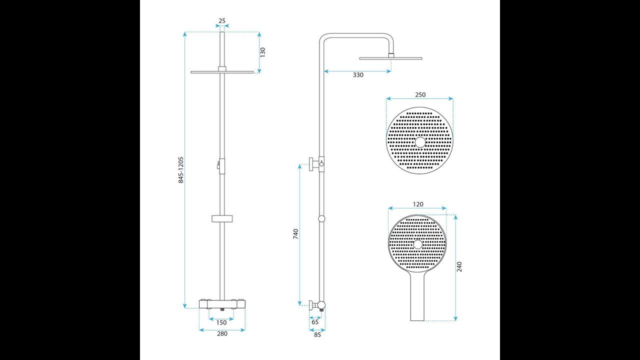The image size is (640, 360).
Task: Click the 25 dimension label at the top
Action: [222, 21]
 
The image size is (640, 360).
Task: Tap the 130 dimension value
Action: [263, 52]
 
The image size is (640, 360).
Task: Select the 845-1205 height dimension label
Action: [181, 169]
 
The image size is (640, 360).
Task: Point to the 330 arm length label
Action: [358, 75]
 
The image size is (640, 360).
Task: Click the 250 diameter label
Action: [420, 94]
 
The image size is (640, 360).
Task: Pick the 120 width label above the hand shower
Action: [418, 204]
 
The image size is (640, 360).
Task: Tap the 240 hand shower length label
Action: [459, 267]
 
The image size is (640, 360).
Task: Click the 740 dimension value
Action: [295, 234]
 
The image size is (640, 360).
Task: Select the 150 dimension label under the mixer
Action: [221, 322]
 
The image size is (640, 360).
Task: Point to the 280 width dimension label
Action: [222, 333]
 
